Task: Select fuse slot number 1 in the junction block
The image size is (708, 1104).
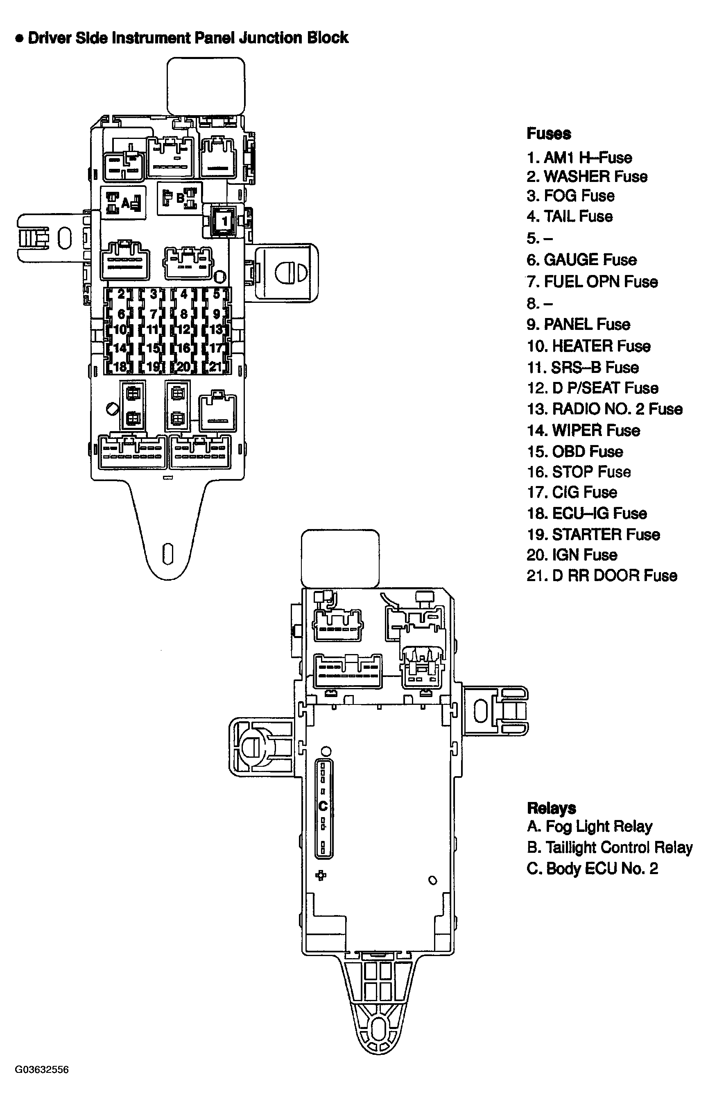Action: [224, 221]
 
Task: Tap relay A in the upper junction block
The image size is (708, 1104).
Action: [125, 202]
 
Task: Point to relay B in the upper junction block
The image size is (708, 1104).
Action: [180, 199]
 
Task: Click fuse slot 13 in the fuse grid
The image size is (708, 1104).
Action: [216, 330]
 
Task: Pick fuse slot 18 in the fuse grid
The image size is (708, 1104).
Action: [120, 367]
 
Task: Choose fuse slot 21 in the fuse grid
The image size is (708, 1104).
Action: [216, 367]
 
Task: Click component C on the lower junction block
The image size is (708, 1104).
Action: [323, 806]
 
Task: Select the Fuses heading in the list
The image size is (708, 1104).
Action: [548, 134]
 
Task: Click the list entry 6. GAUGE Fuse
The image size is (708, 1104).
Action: [581, 260]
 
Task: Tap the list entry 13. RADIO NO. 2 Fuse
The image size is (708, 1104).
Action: [604, 409]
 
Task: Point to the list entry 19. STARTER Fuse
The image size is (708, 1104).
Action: [593, 534]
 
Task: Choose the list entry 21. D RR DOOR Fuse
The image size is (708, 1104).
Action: [602, 575]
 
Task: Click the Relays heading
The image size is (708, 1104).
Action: [551, 808]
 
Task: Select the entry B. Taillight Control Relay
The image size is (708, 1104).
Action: [609, 847]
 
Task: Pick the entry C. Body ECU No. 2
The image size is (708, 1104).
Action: [592, 868]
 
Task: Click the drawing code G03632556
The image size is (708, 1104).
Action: [42, 1070]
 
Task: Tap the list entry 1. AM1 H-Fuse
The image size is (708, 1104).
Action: [579, 158]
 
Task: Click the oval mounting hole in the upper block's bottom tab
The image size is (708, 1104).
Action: [168, 554]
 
